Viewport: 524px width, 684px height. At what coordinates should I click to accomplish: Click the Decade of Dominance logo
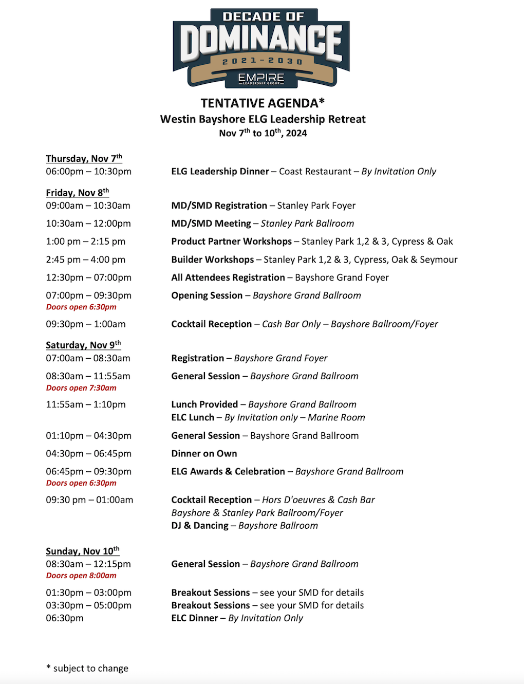(261, 47)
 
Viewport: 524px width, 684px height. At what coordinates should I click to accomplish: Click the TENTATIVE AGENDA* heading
(263, 103)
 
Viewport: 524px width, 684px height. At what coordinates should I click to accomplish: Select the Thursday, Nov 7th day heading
(84, 158)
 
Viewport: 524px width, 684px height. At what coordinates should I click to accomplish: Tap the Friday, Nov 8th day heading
(77, 193)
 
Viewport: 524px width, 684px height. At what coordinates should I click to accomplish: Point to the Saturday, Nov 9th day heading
(83, 345)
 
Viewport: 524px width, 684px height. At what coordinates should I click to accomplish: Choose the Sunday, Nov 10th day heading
(82, 551)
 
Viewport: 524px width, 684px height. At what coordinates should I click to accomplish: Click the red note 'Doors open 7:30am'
(81, 388)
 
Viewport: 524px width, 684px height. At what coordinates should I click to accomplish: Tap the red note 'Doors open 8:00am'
(81, 576)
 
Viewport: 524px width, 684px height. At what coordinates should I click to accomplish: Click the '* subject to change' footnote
(87, 668)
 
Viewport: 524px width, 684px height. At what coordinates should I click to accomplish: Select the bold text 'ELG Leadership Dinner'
(220, 172)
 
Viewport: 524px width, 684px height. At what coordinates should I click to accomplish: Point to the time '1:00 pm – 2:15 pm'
(85, 242)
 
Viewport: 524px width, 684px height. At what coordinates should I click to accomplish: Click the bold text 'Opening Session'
(207, 295)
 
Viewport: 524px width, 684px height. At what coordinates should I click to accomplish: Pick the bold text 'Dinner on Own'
(204, 454)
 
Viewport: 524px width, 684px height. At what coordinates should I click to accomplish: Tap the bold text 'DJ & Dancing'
(200, 526)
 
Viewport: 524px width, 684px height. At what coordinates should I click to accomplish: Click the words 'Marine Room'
(336, 418)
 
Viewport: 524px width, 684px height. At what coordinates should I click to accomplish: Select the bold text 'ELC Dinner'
(195, 618)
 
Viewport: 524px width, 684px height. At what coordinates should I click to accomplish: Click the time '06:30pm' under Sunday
(65, 618)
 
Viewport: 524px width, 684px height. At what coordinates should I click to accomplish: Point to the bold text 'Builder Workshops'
(212, 260)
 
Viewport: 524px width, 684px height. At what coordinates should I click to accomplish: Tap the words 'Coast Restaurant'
(315, 172)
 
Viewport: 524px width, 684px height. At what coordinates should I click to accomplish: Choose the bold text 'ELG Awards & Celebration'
(228, 472)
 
